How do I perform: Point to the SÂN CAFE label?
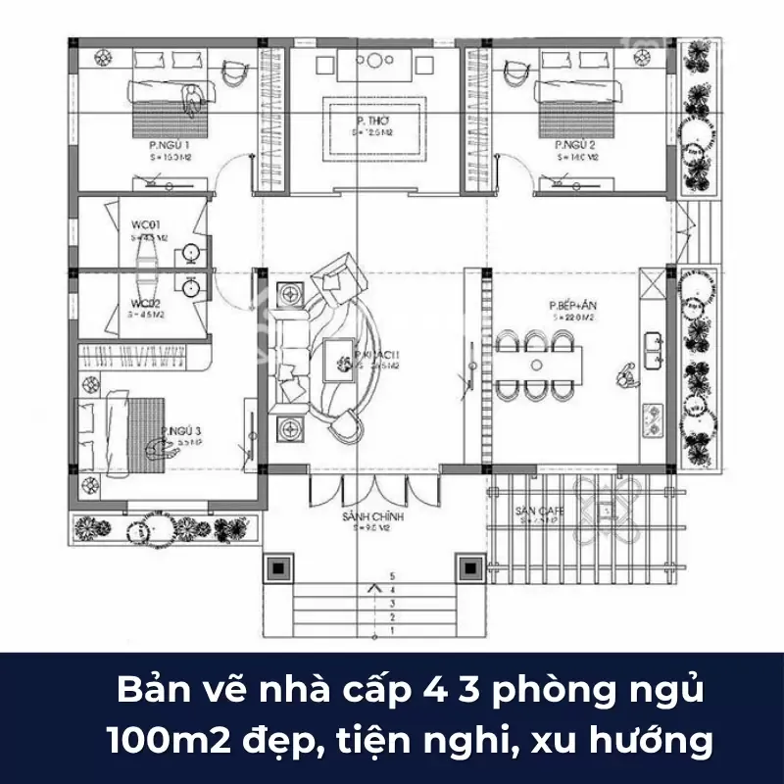point(537,512)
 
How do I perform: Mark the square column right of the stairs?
point(469,568)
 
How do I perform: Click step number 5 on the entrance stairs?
point(391,576)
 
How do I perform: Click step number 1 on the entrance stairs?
point(391,632)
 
